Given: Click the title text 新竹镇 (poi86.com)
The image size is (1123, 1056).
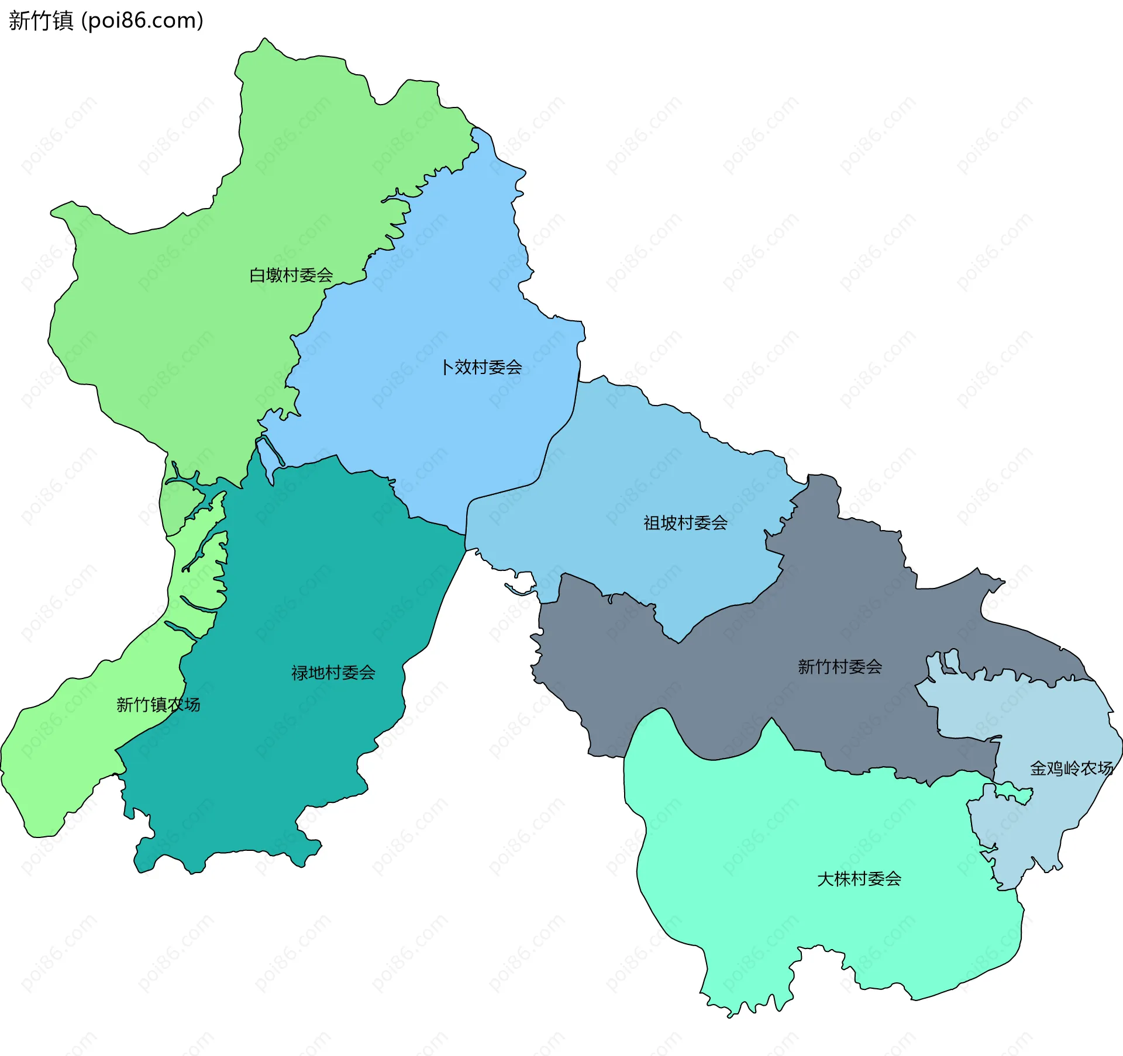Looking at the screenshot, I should pyautogui.click(x=106, y=20).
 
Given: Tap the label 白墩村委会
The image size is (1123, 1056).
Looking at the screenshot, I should pyautogui.click(x=291, y=275).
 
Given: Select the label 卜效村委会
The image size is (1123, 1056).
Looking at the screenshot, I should pyautogui.click(x=481, y=368).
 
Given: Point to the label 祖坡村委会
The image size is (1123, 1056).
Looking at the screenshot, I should pyautogui.click(x=685, y=523).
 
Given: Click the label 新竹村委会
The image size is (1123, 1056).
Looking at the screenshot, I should pyautogui.click(x=839, y=667).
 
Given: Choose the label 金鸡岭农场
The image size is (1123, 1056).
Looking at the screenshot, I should pyautogui.click(x=1071, y=768).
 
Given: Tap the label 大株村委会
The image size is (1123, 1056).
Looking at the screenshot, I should pyautogui.click(x=859, y=879).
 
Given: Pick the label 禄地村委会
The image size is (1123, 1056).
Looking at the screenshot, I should pyautogui.click(x=333, y=673).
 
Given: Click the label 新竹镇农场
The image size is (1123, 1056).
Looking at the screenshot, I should pyautogui.click(x=158, y=705).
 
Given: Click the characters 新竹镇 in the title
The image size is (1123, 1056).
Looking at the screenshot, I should pyautogui.click(x=41, y=20).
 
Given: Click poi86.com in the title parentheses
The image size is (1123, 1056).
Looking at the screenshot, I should pyautogui.click(x=142, y=20).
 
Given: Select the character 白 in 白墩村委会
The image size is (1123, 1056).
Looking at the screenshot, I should pyautogui.click(x=257, y=275).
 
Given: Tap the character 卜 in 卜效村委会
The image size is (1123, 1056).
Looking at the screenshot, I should pyautogui.click(x=447, y=368).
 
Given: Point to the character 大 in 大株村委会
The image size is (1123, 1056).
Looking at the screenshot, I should pyautogui.click(x=825, y=879).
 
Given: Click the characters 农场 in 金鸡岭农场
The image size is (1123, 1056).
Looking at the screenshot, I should pyautogui.click(x=1097, y=768).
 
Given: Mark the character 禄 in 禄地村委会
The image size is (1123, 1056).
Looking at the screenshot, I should pyautogui.click(x=299, y=673).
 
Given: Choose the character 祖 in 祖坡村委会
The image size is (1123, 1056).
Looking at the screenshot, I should pyautogui.click(x=652, y=523).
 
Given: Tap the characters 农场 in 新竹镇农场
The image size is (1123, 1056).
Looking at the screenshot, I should pyautogui.click(x=184, y=705).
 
